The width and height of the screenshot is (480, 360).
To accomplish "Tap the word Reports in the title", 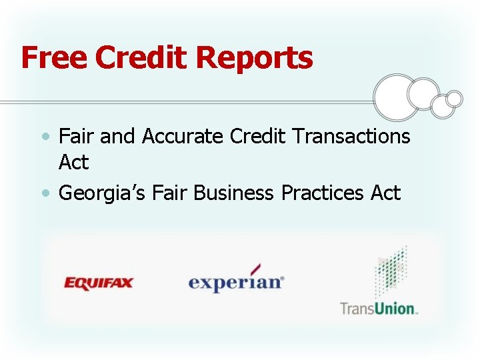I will click(x=254, y=59).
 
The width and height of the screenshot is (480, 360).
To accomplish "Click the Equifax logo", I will click(x=99, y=283).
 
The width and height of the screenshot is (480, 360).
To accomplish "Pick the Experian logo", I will click(x=236, y=281).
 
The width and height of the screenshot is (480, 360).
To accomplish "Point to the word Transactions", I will click(x=351, y=136).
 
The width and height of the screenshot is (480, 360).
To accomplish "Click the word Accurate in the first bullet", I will click(x=183, y=136).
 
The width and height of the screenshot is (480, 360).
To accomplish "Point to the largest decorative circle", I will click(x=397, y=97).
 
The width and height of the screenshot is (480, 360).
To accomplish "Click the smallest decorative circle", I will click(x=454, y=99).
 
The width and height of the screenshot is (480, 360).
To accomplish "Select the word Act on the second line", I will click(x=73, y=162).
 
